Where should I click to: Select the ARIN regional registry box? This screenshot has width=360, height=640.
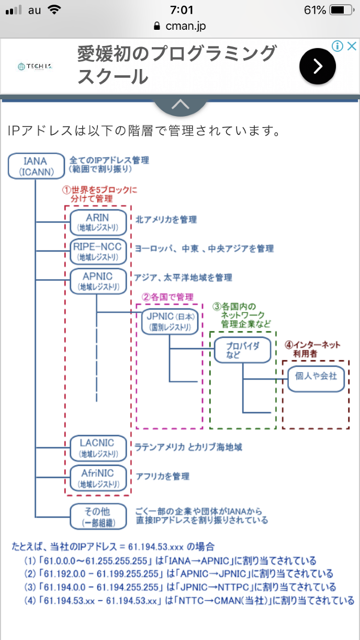coord(98,222)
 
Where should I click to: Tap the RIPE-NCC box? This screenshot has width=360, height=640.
coord(98,252)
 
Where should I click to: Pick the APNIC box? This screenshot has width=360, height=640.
coord(98,281)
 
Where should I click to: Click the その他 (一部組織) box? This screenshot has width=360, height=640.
coord(98,516)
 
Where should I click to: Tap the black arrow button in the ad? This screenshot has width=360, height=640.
coord(318,66)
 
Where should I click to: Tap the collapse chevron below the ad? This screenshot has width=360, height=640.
coord(180,104)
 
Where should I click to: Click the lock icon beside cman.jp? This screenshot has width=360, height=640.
coord(156,26)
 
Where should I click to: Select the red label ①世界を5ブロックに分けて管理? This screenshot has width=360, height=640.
coord(100,194)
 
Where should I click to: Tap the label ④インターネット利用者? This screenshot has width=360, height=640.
coord(312,350)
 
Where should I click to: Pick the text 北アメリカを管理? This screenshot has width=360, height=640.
coord(166,220)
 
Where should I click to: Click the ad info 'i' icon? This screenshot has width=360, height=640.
coord(339,46)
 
